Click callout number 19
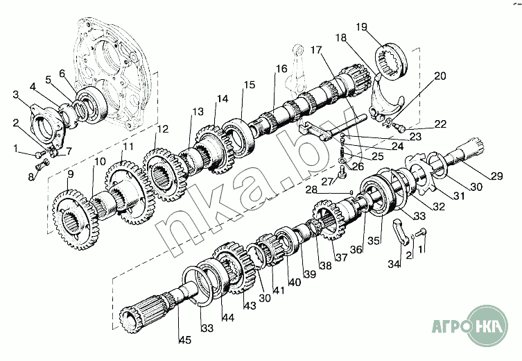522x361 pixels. (361, 27)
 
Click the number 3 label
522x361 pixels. (17, 94)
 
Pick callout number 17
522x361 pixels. (316, 50)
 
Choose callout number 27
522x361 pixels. (326, 181)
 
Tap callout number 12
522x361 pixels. (162, 129)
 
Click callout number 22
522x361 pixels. (440, 125)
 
